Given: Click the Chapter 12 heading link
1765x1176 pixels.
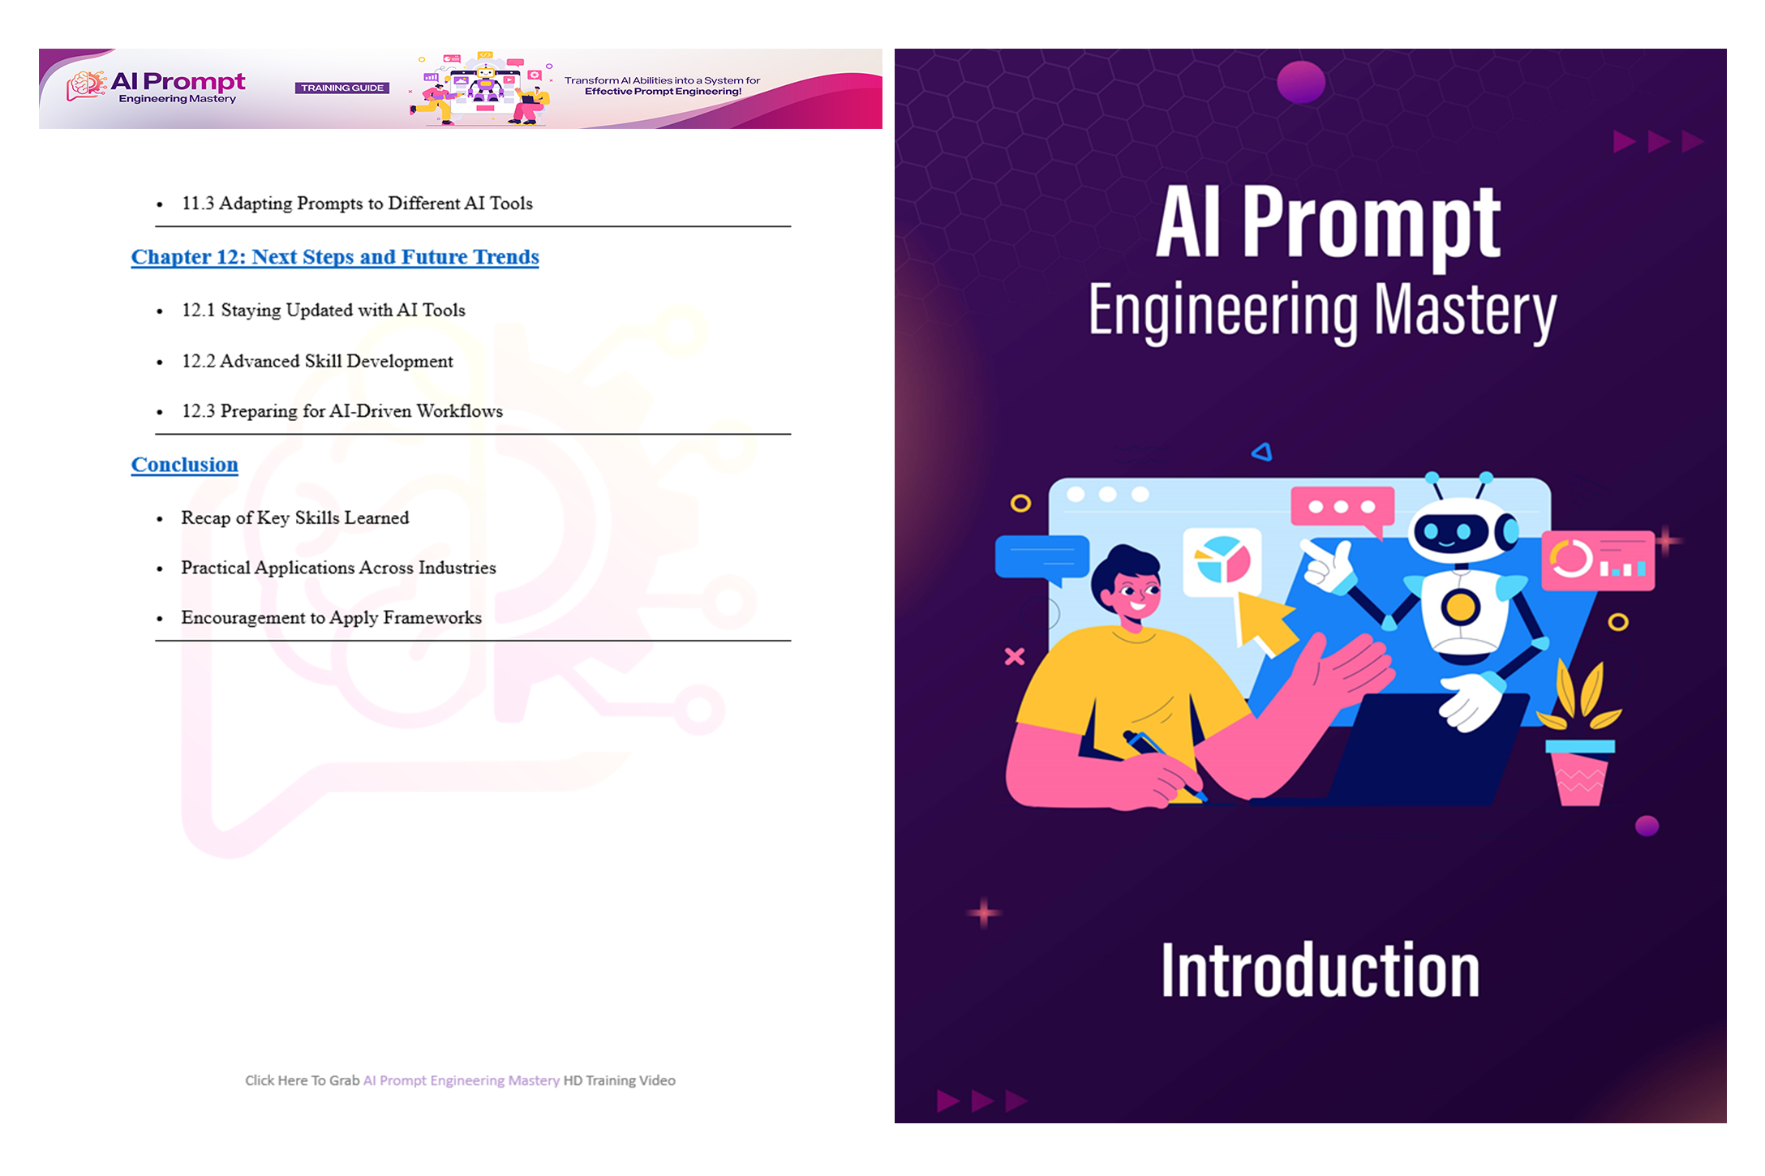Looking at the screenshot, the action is point(335,257).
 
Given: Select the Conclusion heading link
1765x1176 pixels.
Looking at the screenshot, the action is point(185,465).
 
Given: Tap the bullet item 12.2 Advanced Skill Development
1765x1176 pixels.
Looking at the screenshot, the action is point(317,361).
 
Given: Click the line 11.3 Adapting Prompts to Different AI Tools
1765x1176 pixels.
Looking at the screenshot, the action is point(357,204).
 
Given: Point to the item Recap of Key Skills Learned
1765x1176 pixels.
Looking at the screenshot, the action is point(295,518).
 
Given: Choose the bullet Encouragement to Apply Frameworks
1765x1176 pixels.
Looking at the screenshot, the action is point(331,618).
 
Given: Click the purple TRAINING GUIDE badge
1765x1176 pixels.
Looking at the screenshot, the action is point(342,88).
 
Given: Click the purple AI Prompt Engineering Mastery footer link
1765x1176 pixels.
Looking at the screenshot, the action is point(462,1080).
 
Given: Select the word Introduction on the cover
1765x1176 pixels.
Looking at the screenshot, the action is point(1321,970).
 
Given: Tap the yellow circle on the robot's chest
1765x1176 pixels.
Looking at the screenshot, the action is point(1460,606).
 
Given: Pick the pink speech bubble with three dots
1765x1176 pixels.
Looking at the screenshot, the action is point(1342,510).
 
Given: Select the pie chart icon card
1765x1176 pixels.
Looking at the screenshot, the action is point(1222,561).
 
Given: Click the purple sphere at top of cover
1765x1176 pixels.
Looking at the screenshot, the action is point(1301,82).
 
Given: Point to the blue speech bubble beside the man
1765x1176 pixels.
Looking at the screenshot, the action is point(1041,558).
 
